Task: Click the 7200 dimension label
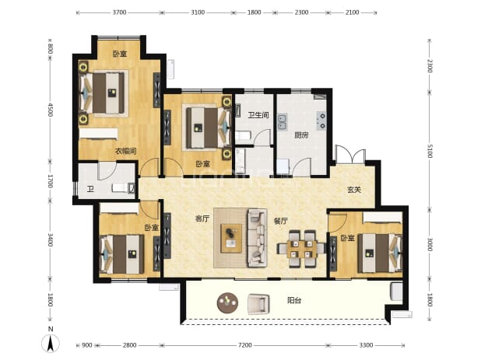[x=245, y=345]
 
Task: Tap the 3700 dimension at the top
[x=119, y=12]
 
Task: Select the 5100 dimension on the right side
[x=430, y=152]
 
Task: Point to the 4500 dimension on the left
[x=51, y=110]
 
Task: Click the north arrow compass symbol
[x=51, y=342]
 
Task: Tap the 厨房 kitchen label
[x=301, y=135]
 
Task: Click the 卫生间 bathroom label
[x=258, y=115]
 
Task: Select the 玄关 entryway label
[x=354, y=190]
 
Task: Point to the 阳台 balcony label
[x=294, y=300]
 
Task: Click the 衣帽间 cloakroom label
[x=125, y=151]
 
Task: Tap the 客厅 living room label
[x=202, y=218]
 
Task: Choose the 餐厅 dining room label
[x=281, y=221]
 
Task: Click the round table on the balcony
[x=227, y=302]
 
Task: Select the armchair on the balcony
[x=258, y=303]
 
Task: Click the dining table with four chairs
[x=301, y=249]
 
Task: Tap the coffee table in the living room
[x=231, y=239]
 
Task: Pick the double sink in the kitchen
[x=283, y=121]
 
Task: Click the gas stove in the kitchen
[x=321, y=121]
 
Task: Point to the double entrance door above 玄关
[x=350, y=155]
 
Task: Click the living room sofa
[x=258, y=237]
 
